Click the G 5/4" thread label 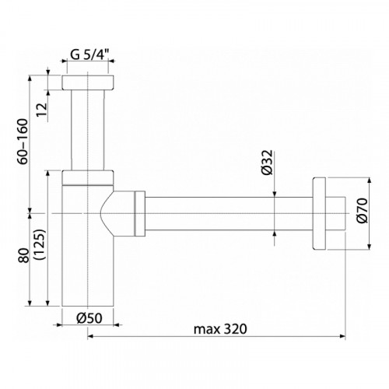[89, 54]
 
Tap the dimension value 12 [42, 110]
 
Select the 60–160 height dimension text [23, 142]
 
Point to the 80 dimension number [24, 255]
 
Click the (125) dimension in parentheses [40, 244]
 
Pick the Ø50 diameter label [89, 318]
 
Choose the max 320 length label [220, 329]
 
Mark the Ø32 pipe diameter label [268, 163]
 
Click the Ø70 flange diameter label [362, 210]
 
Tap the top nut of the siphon [88, 82]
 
